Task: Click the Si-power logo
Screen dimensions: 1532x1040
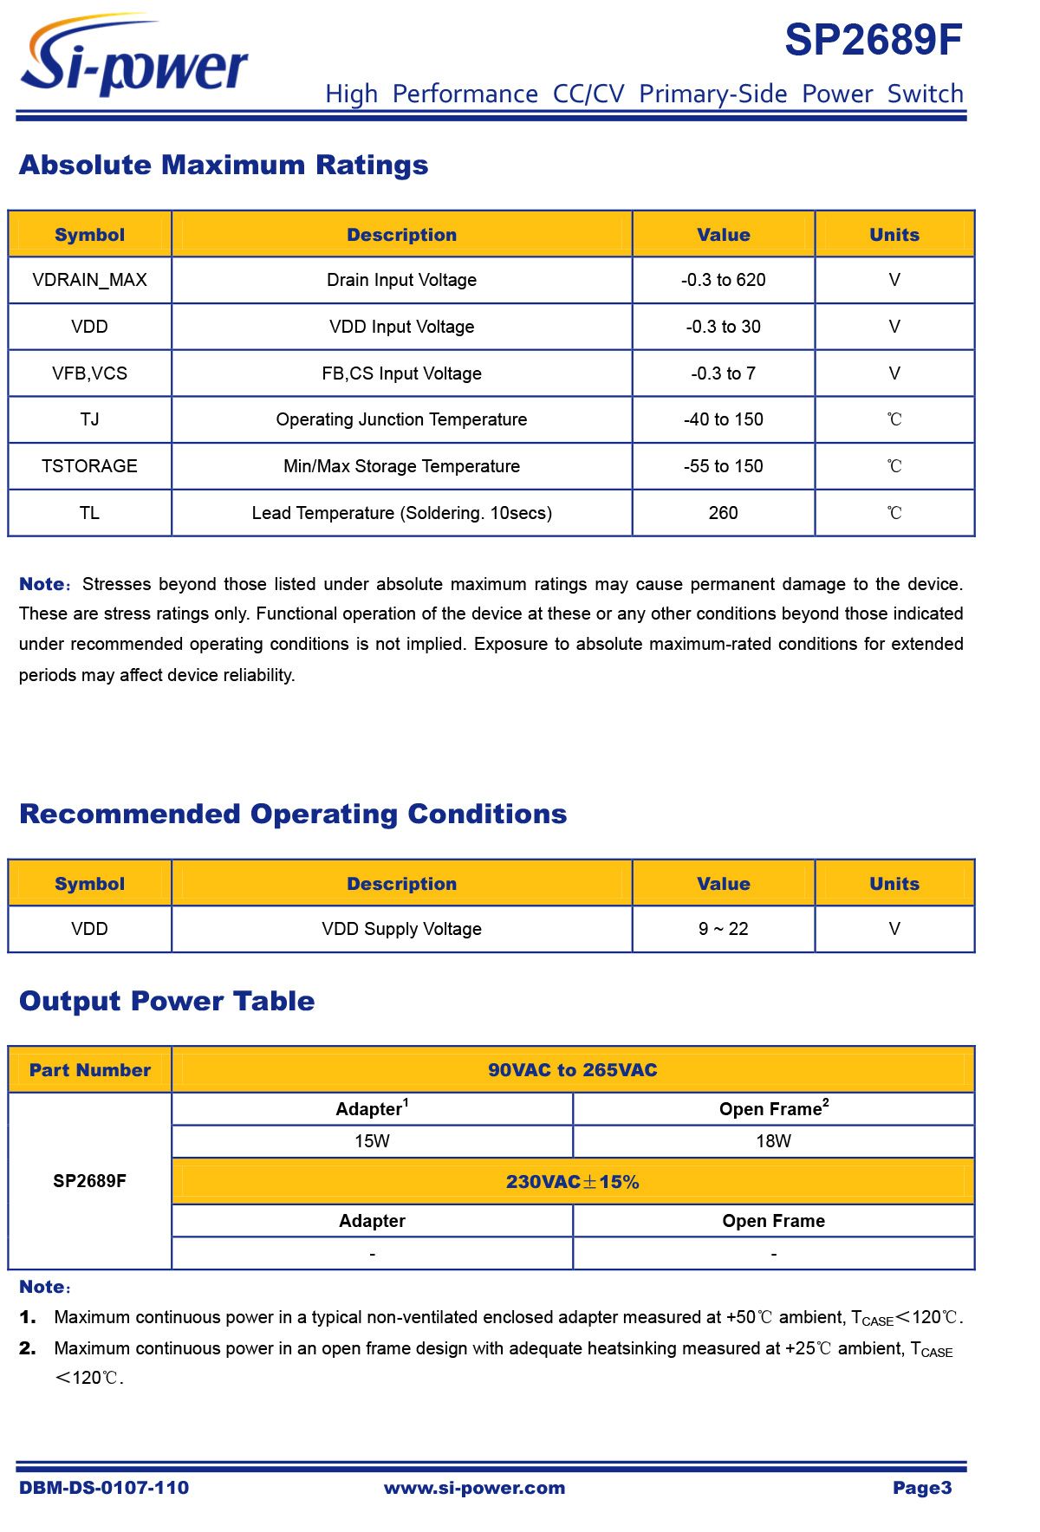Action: click(134, 57)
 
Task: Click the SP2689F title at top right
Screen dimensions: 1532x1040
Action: click(873, 40)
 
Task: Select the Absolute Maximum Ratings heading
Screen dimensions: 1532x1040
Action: click(224, 165)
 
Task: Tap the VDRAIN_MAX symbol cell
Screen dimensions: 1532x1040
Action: click(89, 280)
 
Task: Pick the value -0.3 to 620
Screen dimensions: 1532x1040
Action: click(723, 280)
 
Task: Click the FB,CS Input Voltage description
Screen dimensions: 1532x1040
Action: click(401, 373)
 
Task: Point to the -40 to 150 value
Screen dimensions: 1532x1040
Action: click(723, 419)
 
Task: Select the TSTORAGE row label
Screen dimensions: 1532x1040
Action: click(89, 466)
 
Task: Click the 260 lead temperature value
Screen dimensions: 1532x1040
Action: click(723, 513)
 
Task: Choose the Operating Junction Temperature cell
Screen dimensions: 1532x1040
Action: click(401, 419)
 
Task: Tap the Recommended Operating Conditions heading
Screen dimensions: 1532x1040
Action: click(293, 814)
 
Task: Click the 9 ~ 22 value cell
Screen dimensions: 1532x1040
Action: click(723, 929)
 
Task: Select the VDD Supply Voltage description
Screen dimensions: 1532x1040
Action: click(401, 929)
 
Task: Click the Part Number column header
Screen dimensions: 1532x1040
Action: click(89, 1070)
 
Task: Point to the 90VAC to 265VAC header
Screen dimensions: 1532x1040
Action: click(572, 1070)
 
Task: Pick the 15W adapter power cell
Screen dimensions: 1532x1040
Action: click(372, 1141)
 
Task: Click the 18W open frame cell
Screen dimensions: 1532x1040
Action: click(773, 1141)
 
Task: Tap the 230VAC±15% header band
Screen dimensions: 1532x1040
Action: click(572, 1182)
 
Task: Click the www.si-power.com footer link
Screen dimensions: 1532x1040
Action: click(474, 1488)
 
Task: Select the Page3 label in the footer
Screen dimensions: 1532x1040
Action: click(922, 1488)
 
